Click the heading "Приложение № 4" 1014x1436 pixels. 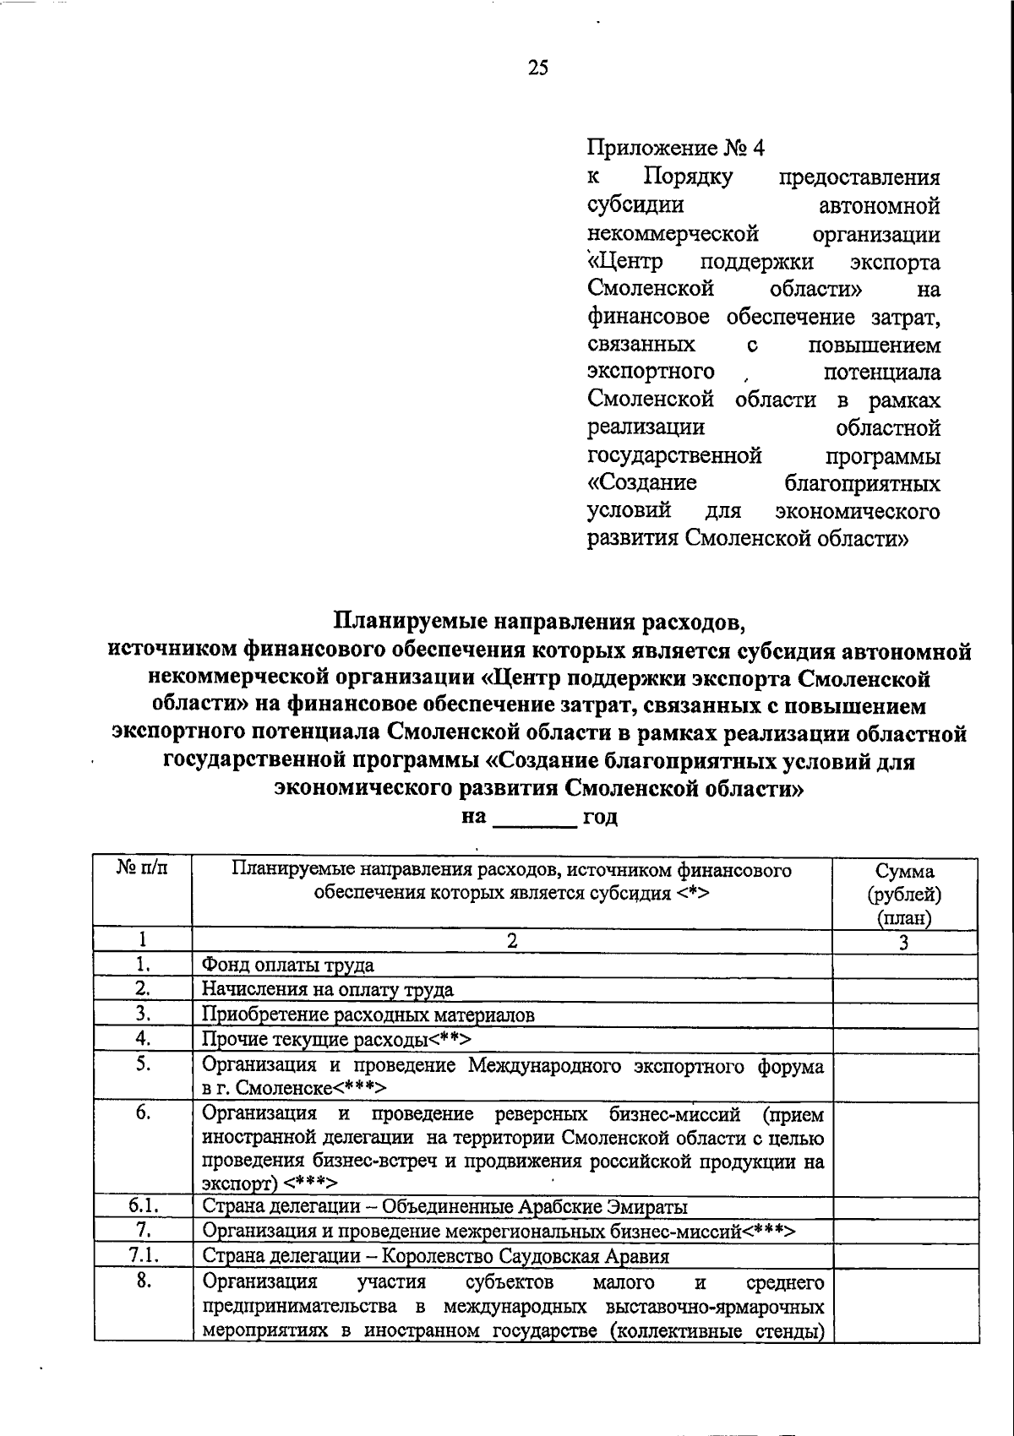pyautogui.click(x=675, y=149)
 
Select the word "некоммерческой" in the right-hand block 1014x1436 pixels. pyautogui.click(x=673, y=233)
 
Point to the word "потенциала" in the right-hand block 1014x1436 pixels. pyautogui.click(x=881, y=373)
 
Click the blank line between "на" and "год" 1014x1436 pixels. pyautogui.click(x=534, y=818)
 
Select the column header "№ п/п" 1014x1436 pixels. pyautogui.click(x=142, y=871)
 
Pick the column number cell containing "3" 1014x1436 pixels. pyautogui.click(x=903, y=943)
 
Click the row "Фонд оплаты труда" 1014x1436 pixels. pyautogui.click(x=288, y=965)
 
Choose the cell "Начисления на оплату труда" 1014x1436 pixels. pyautogui.click(x=328, y=990)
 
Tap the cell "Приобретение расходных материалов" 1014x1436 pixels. pyautogui.click(x=368, y=1015)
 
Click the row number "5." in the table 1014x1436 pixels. pyautogui.click(x=142, y=1064)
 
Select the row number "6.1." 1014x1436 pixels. pyautogui.click(x=142, y=1206)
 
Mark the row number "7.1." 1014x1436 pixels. pyautogui.click(x=142, y=1256)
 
